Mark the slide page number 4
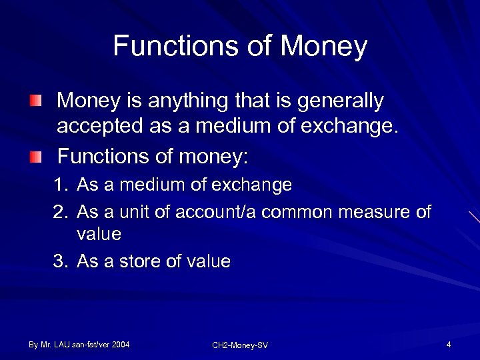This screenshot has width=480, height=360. click(x=449, y=345)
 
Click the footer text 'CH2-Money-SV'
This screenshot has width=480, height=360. click(x=240, y=345)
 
